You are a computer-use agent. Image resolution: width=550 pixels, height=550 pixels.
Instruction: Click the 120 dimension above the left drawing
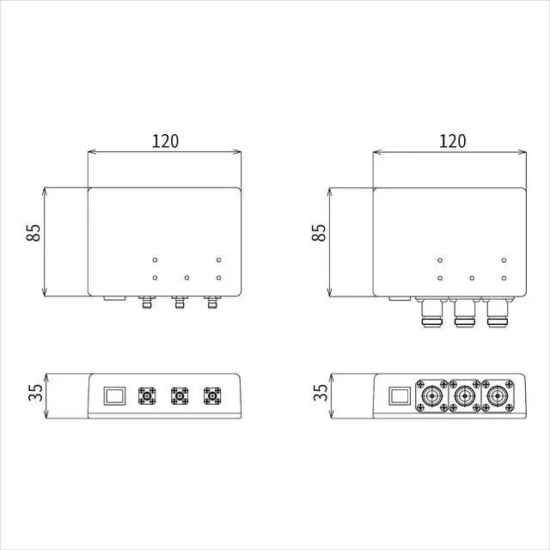[165, 141]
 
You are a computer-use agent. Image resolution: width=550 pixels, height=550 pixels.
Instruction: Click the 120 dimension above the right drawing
[453, 141]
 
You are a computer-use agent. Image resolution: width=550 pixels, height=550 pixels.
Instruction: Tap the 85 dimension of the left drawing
[34, 232]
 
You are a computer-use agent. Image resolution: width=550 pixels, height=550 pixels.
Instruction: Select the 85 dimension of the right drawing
[319, 232]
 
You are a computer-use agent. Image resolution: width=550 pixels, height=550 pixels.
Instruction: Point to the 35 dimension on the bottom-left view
[35, 393]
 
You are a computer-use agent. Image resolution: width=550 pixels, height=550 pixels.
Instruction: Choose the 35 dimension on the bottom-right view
[321, 393]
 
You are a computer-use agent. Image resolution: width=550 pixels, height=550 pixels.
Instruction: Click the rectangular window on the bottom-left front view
[114, 396]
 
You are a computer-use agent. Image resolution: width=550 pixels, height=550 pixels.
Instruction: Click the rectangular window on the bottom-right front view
[400, 396]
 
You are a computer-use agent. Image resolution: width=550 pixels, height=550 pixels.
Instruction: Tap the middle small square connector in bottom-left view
[180, 396]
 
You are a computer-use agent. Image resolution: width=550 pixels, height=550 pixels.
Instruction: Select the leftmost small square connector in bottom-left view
[147, 396]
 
